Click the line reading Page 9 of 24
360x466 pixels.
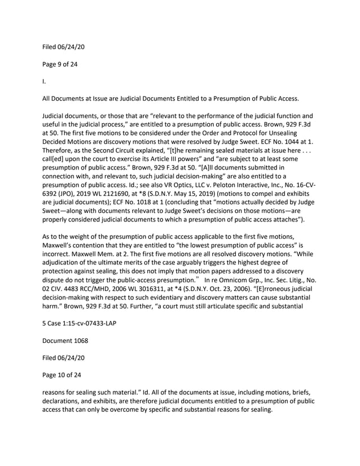pyautogui.click(x=60, y=64)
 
